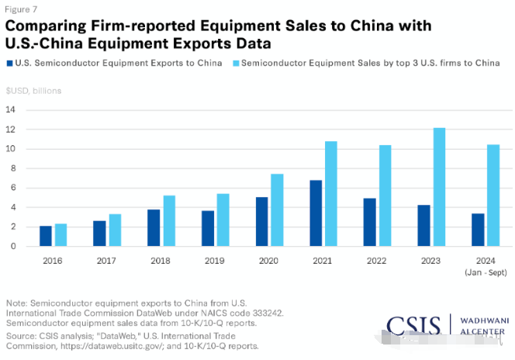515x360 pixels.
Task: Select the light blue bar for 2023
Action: coord(439,187)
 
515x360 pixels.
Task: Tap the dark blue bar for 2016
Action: coord(46,236)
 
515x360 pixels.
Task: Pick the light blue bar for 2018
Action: coord(169,221)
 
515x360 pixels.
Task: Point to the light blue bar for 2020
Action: coord(277,210)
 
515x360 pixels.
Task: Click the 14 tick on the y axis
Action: coord(11,109)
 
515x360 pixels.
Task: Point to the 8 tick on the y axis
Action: coord(11,168)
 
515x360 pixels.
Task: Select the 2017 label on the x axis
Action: coord(106,261)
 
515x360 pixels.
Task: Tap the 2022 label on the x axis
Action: coord(376,261)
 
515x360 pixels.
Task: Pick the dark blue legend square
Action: coord(9,62)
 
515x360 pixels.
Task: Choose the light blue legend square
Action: coord(235,62)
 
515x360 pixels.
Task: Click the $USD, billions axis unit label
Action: coord(33,90)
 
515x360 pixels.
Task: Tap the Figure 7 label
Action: coord(21,10)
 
